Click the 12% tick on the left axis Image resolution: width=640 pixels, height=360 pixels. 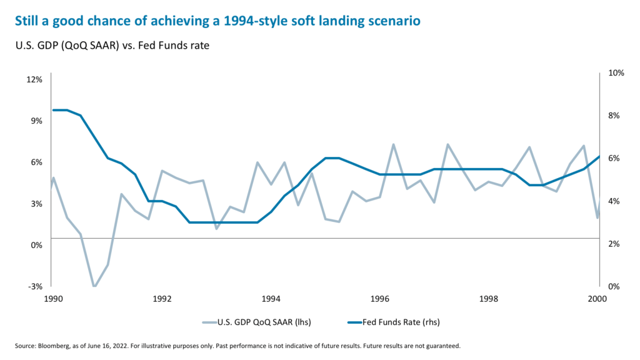pos(34,79)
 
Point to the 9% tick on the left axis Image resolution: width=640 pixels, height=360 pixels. pos(36,121)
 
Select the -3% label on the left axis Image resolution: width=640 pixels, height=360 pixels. pos(35,286)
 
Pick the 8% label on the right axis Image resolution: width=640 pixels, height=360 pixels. pos(614,116)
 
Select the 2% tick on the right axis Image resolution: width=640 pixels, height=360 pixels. pos(614,244)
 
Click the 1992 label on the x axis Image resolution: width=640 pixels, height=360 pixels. pos(162,299)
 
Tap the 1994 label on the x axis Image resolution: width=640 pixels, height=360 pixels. pos(271,299)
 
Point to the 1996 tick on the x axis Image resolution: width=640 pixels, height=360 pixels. pos(380,299)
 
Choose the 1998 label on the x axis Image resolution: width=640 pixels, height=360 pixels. pos(489,299)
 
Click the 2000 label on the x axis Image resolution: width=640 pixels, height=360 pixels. pos(598,299)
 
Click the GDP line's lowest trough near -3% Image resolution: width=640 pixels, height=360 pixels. pos(94,286)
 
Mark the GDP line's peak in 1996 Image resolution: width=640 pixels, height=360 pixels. pos(393,145)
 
